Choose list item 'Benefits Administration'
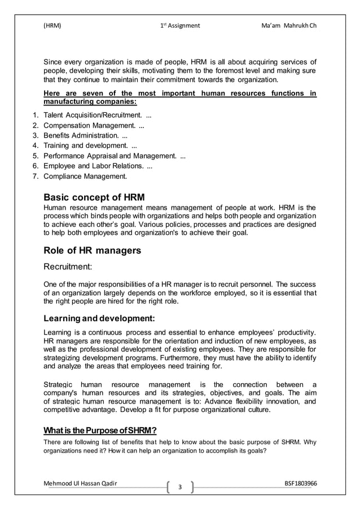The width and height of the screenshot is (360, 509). (85, 137)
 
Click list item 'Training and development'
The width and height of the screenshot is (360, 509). (90, 147)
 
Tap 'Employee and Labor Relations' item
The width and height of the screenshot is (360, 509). (98, 166)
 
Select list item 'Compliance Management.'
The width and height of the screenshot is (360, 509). (85, 177)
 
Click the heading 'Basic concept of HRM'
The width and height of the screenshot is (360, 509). (94, 198)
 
